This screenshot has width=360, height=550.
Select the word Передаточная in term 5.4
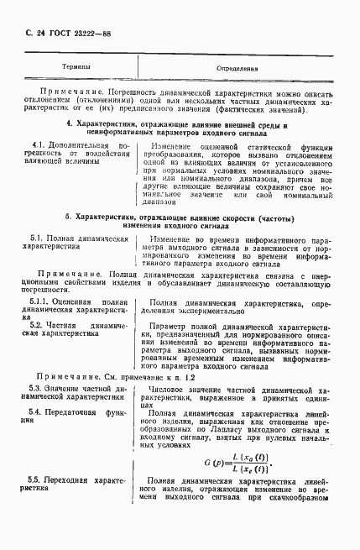tap(76, 412)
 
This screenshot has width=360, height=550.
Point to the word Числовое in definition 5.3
tap(166, 390)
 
